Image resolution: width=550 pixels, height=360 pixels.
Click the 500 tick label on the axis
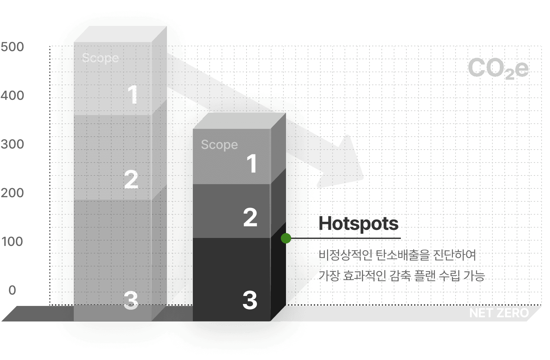click(x=12, y=47)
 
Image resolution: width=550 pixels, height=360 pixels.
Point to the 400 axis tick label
click(x=12, y=96)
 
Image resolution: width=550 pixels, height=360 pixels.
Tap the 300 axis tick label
click(x=12, y=144)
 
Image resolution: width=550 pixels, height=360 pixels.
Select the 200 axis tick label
click(x=12, y=193)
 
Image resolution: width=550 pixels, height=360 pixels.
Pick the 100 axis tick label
click(x=12, y=242)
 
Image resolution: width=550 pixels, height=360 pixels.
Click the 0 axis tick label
click(x=12, y=290)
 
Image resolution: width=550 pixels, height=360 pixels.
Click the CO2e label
click(x=498, y=68)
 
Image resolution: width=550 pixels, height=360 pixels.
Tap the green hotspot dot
click(x=286, y=238)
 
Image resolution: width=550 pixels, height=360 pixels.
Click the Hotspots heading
click(x=358, y=223)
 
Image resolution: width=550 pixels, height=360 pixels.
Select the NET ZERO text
click(x=499, y=313)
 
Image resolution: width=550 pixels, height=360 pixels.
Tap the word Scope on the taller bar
click(x=100, y=58)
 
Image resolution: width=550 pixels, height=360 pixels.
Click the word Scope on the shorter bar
click(x=219, y=145)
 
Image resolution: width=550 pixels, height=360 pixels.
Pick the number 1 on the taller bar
click(x=133, y=95)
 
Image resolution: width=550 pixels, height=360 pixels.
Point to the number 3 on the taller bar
click(x=131, y=300)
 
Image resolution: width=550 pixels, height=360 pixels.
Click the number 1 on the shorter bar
click(x=252, y=163)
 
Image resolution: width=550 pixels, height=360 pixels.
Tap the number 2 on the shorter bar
click(x=250, y=217)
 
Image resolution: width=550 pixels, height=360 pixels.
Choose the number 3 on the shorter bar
click(x=250, y=300)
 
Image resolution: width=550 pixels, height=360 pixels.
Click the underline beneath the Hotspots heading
click(x=354, y=238)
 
